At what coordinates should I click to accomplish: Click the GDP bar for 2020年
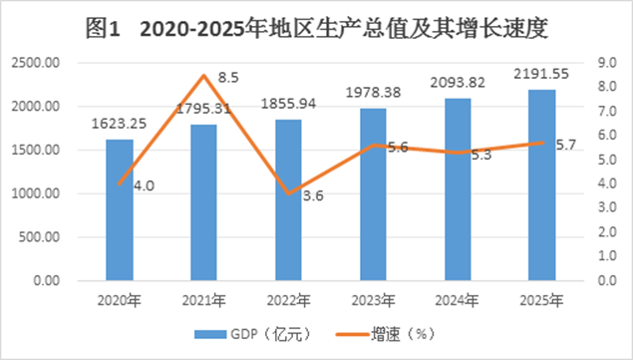click(120, 209)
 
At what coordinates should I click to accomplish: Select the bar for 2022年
click(289, 199)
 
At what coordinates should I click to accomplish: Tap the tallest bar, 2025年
click(542, 185)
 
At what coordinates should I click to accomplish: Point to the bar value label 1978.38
click(374, 93)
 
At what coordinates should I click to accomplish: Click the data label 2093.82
click(458, 83)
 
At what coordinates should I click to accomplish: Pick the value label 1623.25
click(119, 124)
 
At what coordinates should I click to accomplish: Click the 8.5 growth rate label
click(228, 77)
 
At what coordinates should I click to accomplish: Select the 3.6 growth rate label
click(313, 196)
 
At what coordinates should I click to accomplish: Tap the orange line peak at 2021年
click(204, 75)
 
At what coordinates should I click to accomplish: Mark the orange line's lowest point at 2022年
click(289, 193)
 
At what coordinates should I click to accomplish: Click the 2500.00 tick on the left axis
click(36, 63)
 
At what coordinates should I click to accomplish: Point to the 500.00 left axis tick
click(39, 237)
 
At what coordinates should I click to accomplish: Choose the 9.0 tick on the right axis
click(607, 63)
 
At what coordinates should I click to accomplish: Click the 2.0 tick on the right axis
click(607, 232)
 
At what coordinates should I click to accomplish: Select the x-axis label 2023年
click(373, 300)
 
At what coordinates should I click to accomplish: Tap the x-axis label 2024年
click(457, 300)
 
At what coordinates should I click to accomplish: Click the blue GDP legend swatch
click(210, 334)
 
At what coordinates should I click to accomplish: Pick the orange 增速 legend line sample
click(352, 334)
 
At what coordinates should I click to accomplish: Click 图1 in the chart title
click(103, 29)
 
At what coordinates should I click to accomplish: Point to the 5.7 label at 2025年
click(566, 145)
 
